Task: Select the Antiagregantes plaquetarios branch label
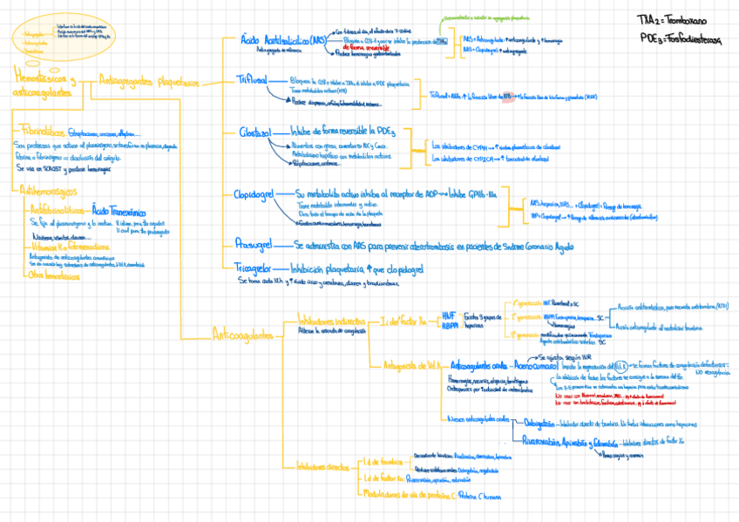(149, 83)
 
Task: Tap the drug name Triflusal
(255, 78)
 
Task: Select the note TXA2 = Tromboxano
(672, 19)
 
